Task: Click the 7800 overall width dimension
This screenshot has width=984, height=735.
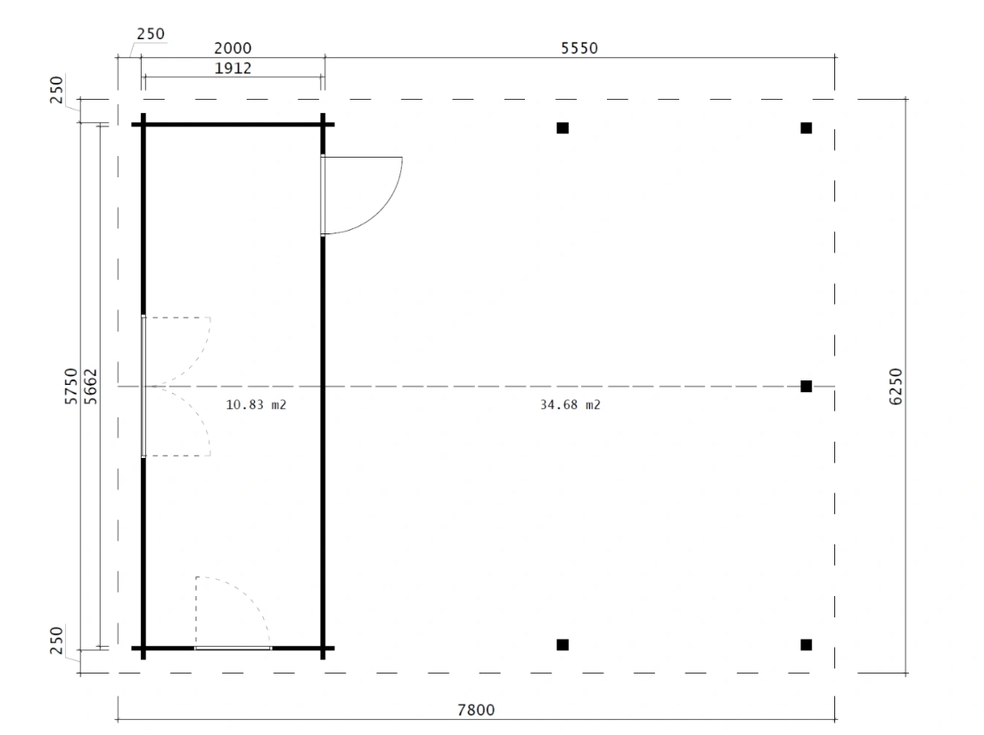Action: click(x=476, y=710)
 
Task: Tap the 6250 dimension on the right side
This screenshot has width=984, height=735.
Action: click(x=896, y=387)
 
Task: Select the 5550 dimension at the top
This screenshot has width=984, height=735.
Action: click(x=579, y=47)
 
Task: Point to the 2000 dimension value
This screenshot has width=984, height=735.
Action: click(x=233, y=47)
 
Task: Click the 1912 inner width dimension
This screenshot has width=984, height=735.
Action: click(x=233, y=68)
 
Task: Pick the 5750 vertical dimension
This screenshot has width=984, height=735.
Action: click(x=71, y=387)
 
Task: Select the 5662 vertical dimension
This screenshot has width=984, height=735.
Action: click(x=91, y=387)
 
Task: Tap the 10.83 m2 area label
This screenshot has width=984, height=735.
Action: click(x=256, y=404)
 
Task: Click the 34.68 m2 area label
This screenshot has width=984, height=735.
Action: click(x=570, y=404)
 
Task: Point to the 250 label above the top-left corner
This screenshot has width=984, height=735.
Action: click(x=151, y=33)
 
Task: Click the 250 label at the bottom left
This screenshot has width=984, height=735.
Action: click(x=56, y=640)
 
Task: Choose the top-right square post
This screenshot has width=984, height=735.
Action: click(x=807, y=128)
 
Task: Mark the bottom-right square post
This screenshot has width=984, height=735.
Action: click(x=807, y=645)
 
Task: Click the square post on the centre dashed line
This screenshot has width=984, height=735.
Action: click(x=807, y=387)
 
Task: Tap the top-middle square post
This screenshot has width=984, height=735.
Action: click(x=563, y=128)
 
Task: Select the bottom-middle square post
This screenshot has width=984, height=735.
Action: click(x=563, y=645)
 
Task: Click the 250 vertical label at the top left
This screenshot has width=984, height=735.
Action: click(x=56, y=90)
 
